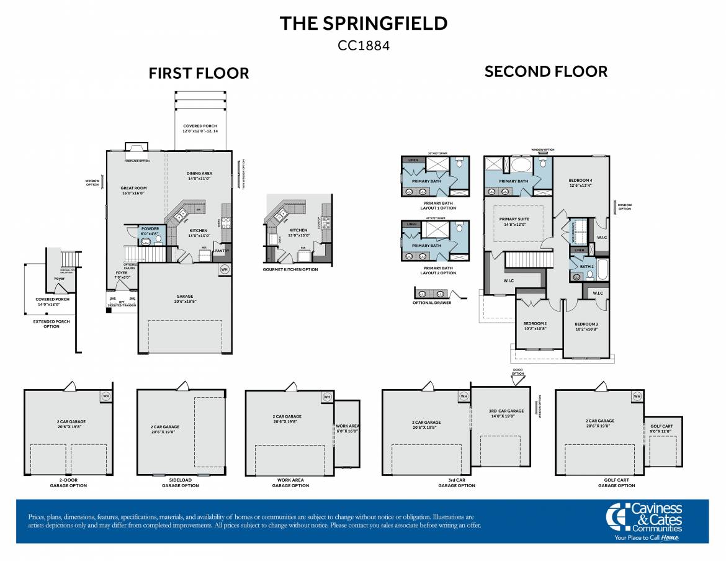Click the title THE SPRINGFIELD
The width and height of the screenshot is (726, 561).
click(363, 24)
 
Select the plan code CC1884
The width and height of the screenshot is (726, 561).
click(363, 45)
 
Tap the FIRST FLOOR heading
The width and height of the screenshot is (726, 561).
click(199, 73)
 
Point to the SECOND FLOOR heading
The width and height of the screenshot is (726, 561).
click(545, 71)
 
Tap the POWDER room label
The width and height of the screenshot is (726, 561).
click(150, 229)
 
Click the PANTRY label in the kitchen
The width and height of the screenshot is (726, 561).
click(222, 251)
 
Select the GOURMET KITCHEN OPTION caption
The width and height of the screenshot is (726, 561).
click(290, 269)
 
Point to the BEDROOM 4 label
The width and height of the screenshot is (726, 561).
click(580, 181)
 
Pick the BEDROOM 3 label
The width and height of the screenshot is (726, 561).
click(586, 325)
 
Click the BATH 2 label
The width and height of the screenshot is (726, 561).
click(586, 267)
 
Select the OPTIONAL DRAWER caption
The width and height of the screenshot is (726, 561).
click(432, 303)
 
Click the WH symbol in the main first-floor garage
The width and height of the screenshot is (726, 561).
click(224, 269)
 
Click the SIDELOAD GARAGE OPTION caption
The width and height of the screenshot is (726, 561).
click(180, 483)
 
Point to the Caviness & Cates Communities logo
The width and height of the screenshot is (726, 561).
click(643, 521)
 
